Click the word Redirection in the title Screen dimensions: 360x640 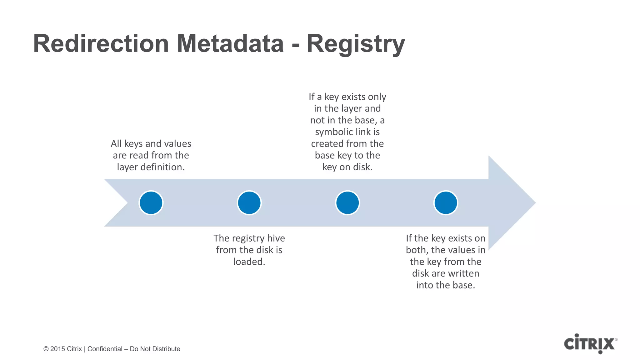point(101,44)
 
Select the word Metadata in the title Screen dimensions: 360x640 point(230,44)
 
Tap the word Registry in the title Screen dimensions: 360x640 point(356,44)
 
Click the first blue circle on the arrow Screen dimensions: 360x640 point(151,203)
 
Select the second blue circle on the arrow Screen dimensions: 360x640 point(249,203)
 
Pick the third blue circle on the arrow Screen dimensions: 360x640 point(347,203)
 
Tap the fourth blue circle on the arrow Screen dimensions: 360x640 point(446,203)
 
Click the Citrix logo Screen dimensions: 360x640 point(590,344)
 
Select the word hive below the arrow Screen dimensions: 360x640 point(276,238)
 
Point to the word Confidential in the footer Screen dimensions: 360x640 point(105,349)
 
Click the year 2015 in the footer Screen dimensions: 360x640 point(57,349)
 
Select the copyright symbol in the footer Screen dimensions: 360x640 point(46,349)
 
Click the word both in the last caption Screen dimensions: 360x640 point(417,250)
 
